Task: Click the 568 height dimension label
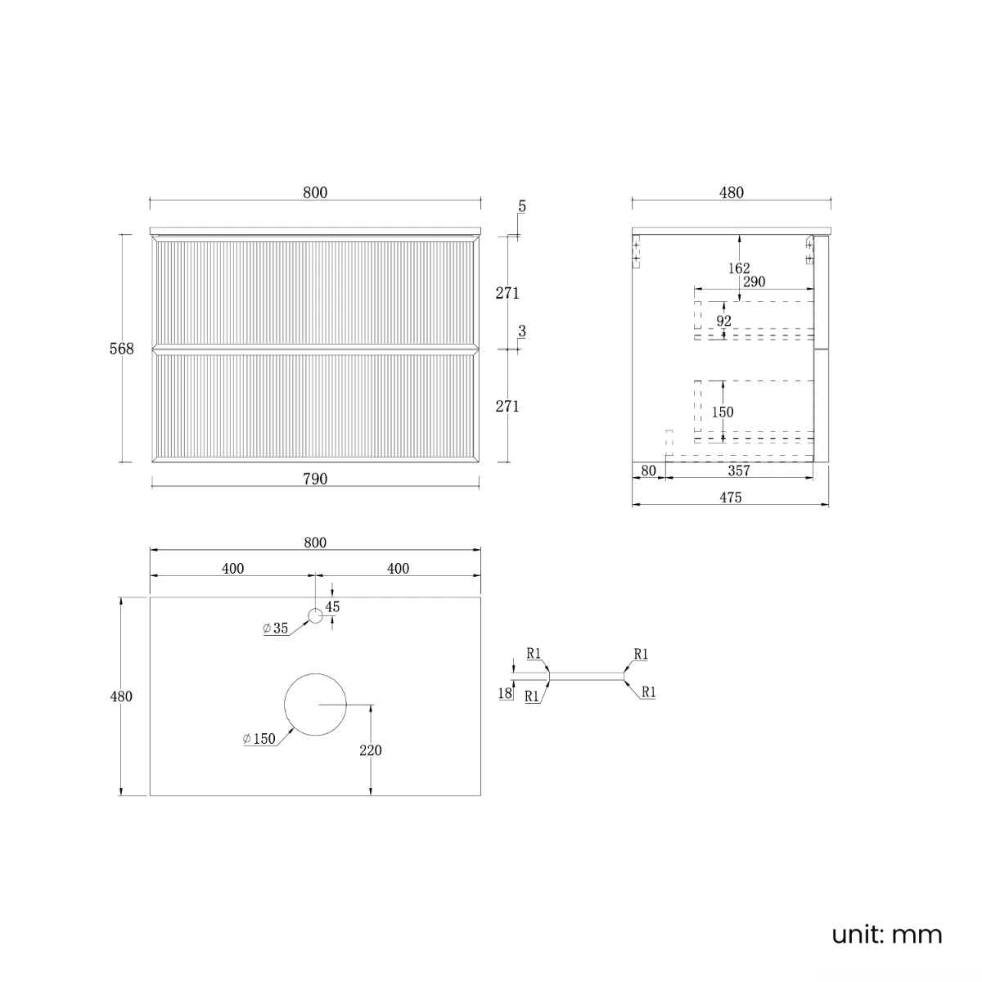tap(121, 349)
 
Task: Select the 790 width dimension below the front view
tap(315, 479)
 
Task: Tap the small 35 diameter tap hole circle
tap(315, 615)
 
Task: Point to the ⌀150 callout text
tap(259, 738)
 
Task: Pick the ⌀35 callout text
tap(276, 628)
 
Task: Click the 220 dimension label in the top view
tap(371, 750)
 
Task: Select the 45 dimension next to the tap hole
tap(332, 606)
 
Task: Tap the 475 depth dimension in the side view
tap(730, 498)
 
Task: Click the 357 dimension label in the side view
tap(739, 471)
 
